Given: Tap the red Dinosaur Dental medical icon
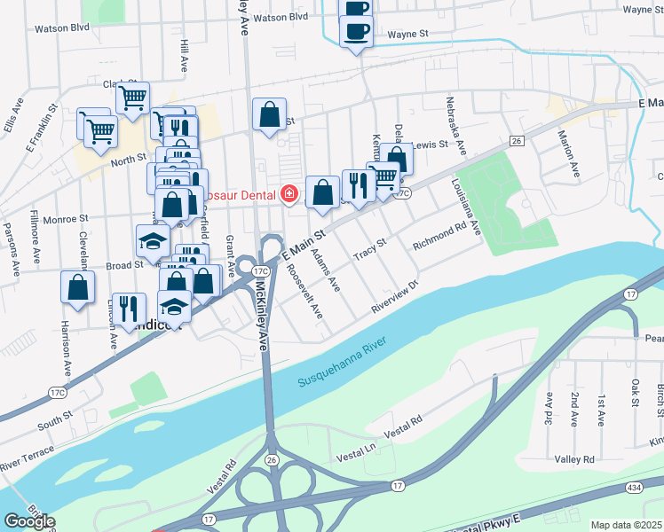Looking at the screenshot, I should point(289,193).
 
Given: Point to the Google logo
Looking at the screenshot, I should point(28,521).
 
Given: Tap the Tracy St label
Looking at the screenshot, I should point(370,248).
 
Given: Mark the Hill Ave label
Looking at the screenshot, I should point(185,55).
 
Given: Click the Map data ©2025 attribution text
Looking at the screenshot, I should point(627,525).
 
